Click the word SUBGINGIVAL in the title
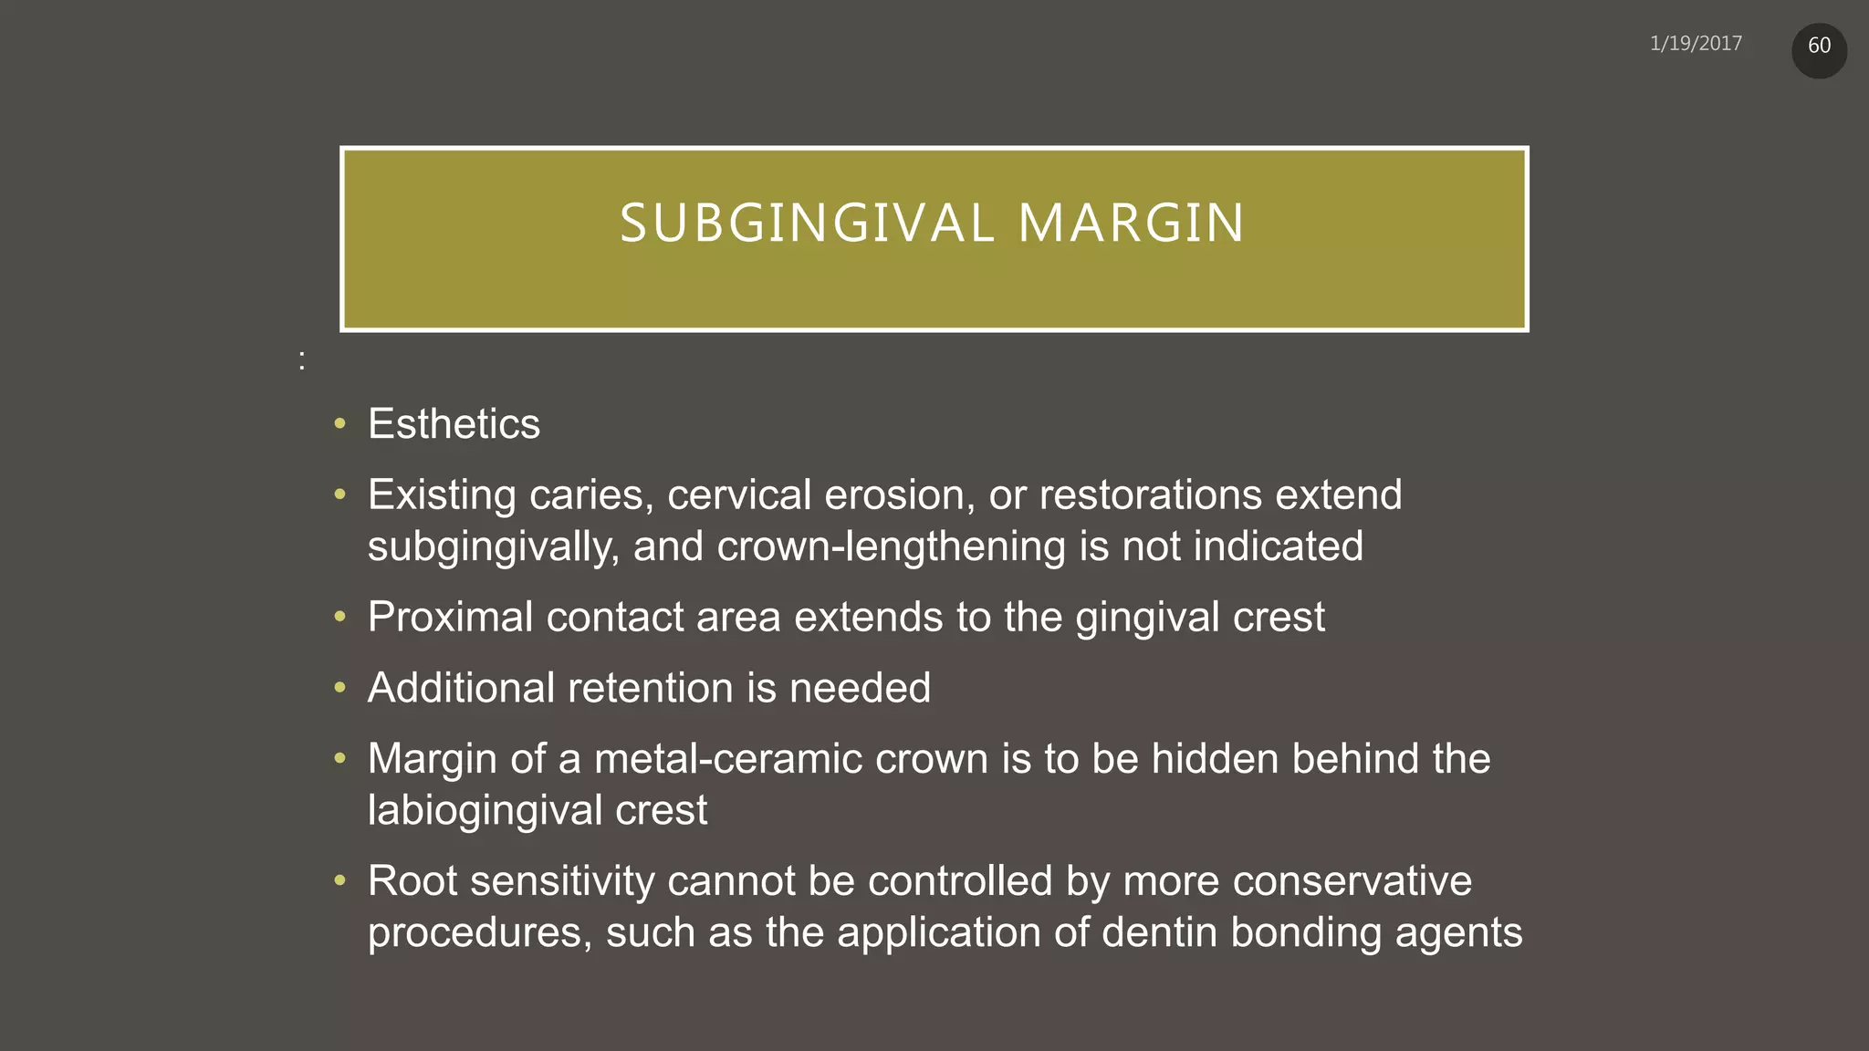click(x=807, y=224)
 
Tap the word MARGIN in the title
click(x=1131, y=224)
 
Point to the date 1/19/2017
click(x=1696, y=44)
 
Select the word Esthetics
click(x=454, y=424)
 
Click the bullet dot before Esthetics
click(x=340, y=423)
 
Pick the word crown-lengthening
click(x=892, y=546)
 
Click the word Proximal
click(x=451, y=618)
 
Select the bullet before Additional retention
click(x=340, y=687)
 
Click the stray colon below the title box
click(x=302, y=361)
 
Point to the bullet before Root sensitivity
click(x=340, y=880)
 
